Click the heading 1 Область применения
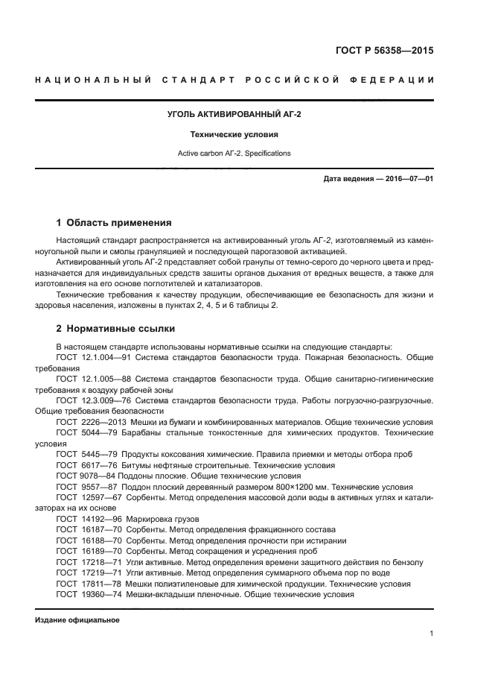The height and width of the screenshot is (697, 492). [114, 222]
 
